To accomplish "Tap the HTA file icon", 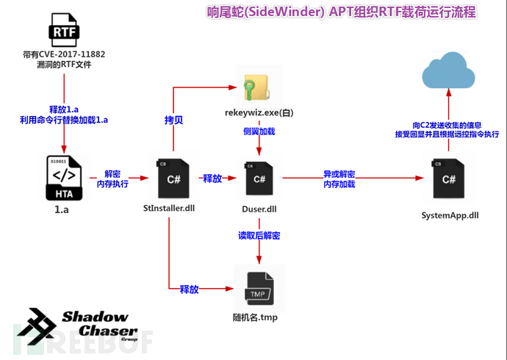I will (x=65, y=179).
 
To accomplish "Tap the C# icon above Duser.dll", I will (x=259, y=179).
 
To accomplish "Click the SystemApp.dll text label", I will (x=450, y=215).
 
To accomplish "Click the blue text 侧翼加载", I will (x=259, y=130).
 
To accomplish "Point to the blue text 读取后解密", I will (x=259, y=236).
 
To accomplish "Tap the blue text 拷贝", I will (x=173, y=118).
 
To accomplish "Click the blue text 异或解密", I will (x=339, y=173).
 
